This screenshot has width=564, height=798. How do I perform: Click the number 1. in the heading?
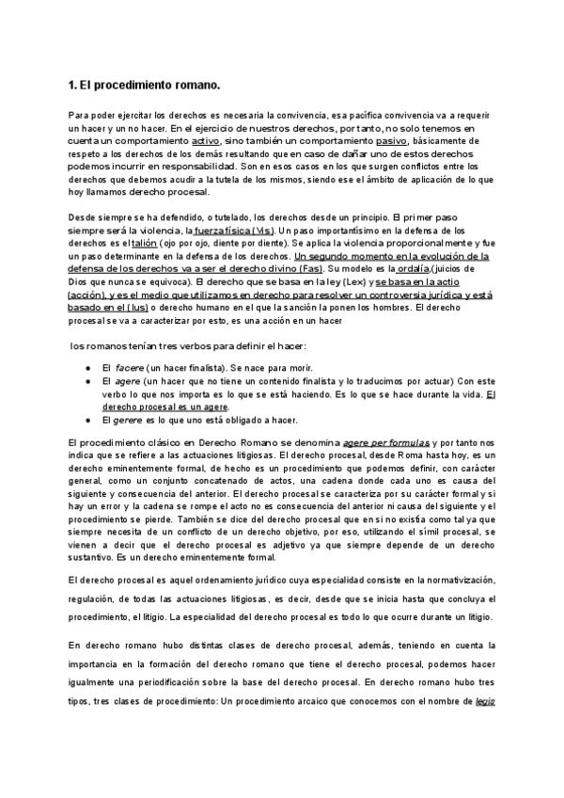(73, 86)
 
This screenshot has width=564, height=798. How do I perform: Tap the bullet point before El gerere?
(86, 421)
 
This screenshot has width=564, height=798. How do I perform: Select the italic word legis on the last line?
(485, 701)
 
